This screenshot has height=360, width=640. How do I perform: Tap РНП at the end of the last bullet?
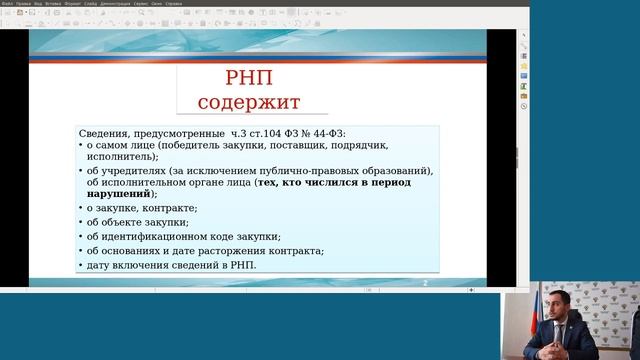[243, 265]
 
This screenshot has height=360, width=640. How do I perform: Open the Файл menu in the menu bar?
[8, 4]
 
